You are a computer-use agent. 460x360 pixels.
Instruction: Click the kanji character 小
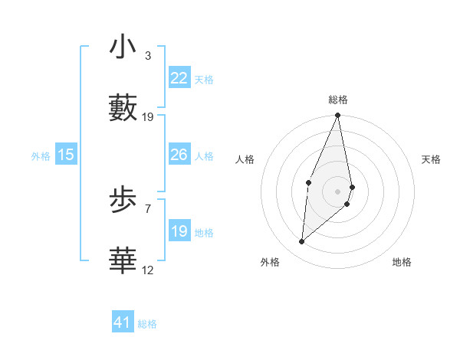123,47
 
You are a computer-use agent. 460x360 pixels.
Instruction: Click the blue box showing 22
179,78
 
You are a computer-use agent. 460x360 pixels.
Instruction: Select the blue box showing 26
179,155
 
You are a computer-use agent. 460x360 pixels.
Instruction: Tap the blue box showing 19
179,231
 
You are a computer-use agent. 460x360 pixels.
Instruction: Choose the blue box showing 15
66,155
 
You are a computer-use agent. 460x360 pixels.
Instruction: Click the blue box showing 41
123,322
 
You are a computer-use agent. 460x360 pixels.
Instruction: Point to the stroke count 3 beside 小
148,56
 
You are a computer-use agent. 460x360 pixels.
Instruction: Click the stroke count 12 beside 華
148,270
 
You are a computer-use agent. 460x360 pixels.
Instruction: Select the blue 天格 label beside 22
204,79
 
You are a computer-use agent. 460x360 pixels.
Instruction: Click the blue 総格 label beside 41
147,324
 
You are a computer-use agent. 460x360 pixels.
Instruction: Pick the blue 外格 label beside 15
41,156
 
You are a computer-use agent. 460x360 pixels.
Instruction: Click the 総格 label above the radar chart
338,100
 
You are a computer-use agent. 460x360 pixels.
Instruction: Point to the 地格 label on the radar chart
402,262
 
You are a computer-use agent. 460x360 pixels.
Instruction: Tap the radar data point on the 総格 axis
338,116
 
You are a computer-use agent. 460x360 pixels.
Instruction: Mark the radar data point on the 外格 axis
302,242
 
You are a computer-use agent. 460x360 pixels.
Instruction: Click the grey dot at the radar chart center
338,190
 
